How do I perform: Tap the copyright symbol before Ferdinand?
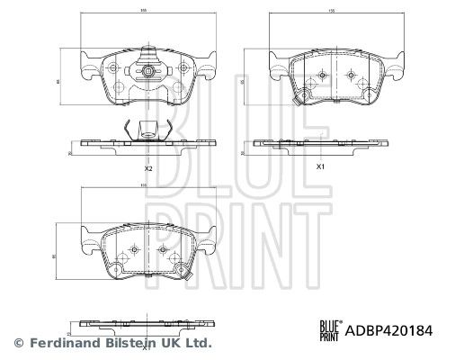coord(17,342)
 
